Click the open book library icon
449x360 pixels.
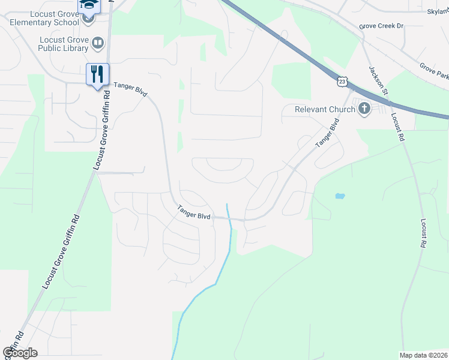97,43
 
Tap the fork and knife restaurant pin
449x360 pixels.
97,74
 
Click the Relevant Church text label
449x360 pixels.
324,109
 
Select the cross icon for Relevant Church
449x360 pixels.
363,109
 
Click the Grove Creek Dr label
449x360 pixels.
382,26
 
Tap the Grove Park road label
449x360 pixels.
434,71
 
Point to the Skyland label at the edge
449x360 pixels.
438,11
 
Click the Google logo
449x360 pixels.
20,353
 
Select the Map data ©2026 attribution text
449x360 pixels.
423,355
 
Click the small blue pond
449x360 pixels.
340,196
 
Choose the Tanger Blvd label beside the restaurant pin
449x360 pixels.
130,89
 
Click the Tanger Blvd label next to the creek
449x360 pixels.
193,212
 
